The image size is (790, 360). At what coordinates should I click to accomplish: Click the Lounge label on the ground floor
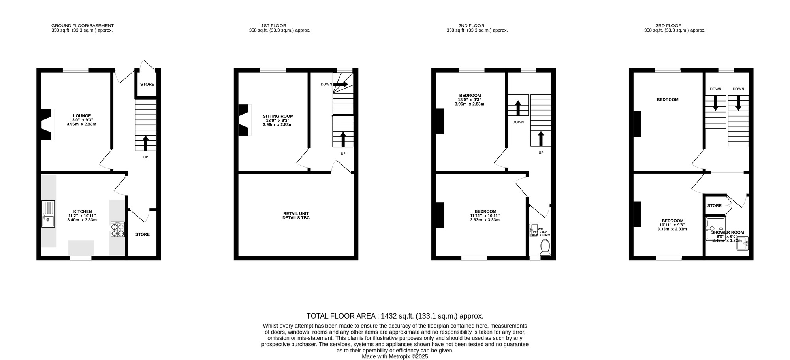[82, 116]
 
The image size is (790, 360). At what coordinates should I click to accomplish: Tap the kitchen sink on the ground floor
[48, 214]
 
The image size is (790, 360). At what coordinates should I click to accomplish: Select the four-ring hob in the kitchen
[118, 230]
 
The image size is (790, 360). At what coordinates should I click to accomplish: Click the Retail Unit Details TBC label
[296, 215]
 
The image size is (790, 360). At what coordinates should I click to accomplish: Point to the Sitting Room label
[278, 116]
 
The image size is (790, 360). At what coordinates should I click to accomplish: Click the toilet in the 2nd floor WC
[545, 247]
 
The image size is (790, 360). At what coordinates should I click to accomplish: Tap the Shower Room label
[728, 232]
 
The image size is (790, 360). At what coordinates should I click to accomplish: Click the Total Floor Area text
[395, 316]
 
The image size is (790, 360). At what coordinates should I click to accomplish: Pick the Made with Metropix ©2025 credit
[395, 356]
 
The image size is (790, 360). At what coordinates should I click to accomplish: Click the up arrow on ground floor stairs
[146, 143]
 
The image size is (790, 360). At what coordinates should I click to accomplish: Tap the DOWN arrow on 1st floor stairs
[340, 84]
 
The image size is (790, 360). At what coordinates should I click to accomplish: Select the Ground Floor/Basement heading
[82, 26]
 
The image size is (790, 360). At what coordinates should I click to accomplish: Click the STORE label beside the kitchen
[143, 234]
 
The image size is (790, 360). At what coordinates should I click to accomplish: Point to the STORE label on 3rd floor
[714, 205]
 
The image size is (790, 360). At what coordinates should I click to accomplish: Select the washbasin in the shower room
[743, 243]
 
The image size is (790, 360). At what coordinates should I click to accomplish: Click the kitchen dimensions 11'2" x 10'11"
[82, 216]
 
